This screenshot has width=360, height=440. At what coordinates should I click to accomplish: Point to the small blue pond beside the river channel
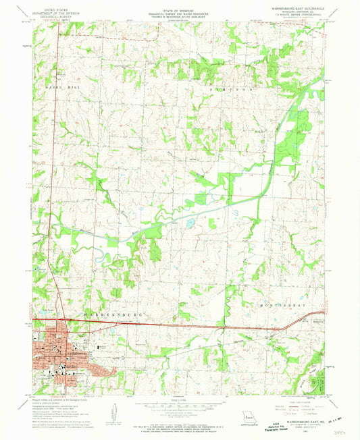190,221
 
